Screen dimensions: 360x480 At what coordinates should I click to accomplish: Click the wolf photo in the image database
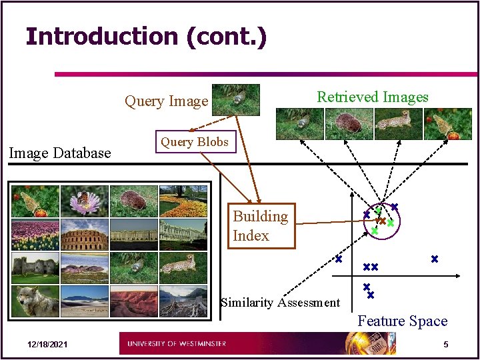coord(35,301)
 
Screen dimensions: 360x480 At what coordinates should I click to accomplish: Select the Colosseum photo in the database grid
coord(84,235)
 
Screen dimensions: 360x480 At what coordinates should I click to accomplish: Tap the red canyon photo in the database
coord(133,301)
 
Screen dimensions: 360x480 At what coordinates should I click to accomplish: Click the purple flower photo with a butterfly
coord(84,201)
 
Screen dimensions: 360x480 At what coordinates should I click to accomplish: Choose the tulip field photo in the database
coord(35,235)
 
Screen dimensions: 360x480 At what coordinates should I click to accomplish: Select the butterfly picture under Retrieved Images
coord(447,124)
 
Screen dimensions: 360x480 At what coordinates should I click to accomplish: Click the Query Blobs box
coord(195,141)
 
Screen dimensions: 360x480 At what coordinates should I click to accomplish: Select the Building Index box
coord(261,226)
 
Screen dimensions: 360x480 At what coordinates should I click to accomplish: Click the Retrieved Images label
coord(373,97)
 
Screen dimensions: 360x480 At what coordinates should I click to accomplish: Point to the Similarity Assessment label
coord(280,303)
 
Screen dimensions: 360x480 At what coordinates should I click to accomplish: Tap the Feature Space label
coord(402,321)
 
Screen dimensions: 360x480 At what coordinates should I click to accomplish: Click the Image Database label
coord(59,153)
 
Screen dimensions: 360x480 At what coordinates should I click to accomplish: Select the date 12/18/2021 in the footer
coord(47,345)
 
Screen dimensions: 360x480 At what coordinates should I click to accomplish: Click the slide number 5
coord(446,344)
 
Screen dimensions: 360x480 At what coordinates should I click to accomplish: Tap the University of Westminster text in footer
coord(177,344)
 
